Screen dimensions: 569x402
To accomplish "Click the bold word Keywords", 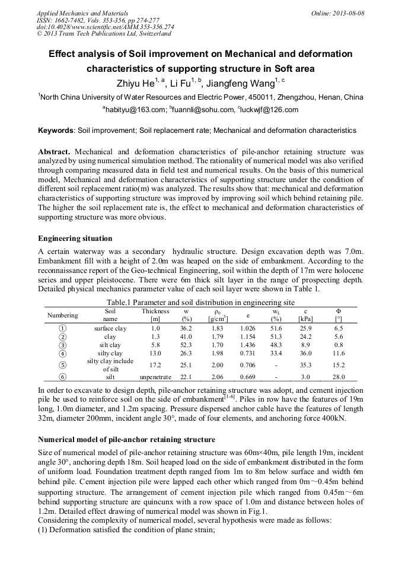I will (x=56, y=130).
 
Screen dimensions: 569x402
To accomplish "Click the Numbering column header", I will (x=63, y=315).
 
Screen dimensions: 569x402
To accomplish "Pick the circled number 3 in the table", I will (x=63, y=345).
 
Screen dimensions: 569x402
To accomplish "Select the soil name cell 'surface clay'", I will (x=110, y=328).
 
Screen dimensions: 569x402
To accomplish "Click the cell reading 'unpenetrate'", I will (x=155, y=377).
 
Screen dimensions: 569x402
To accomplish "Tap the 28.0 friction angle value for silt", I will (x=339, y=377).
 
